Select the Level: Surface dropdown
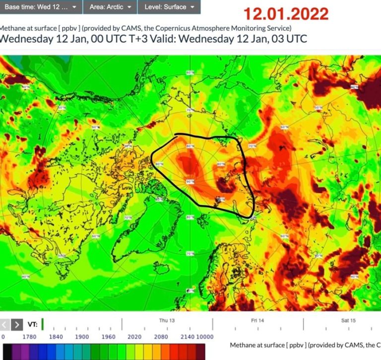click(x=169, y=7)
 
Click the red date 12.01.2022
click(x=286, y=13)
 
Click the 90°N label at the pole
click(x=190, y=182)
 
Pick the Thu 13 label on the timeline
click(x=167, y=320)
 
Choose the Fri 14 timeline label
click(x=257, y=320)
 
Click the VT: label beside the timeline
click(x=32, y=325)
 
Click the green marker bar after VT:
click(x=43, y=324)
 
